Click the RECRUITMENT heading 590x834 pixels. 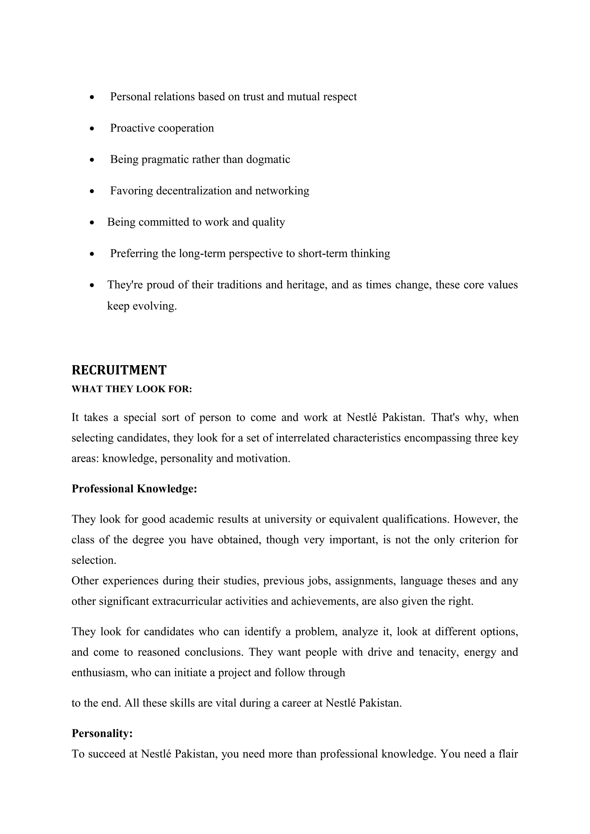[x=119, y=370]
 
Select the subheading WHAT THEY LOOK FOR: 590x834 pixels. [x=132, y=389]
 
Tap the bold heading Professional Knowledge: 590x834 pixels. [x=134, y=489]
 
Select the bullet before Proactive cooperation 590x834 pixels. [x=92, y=129]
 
